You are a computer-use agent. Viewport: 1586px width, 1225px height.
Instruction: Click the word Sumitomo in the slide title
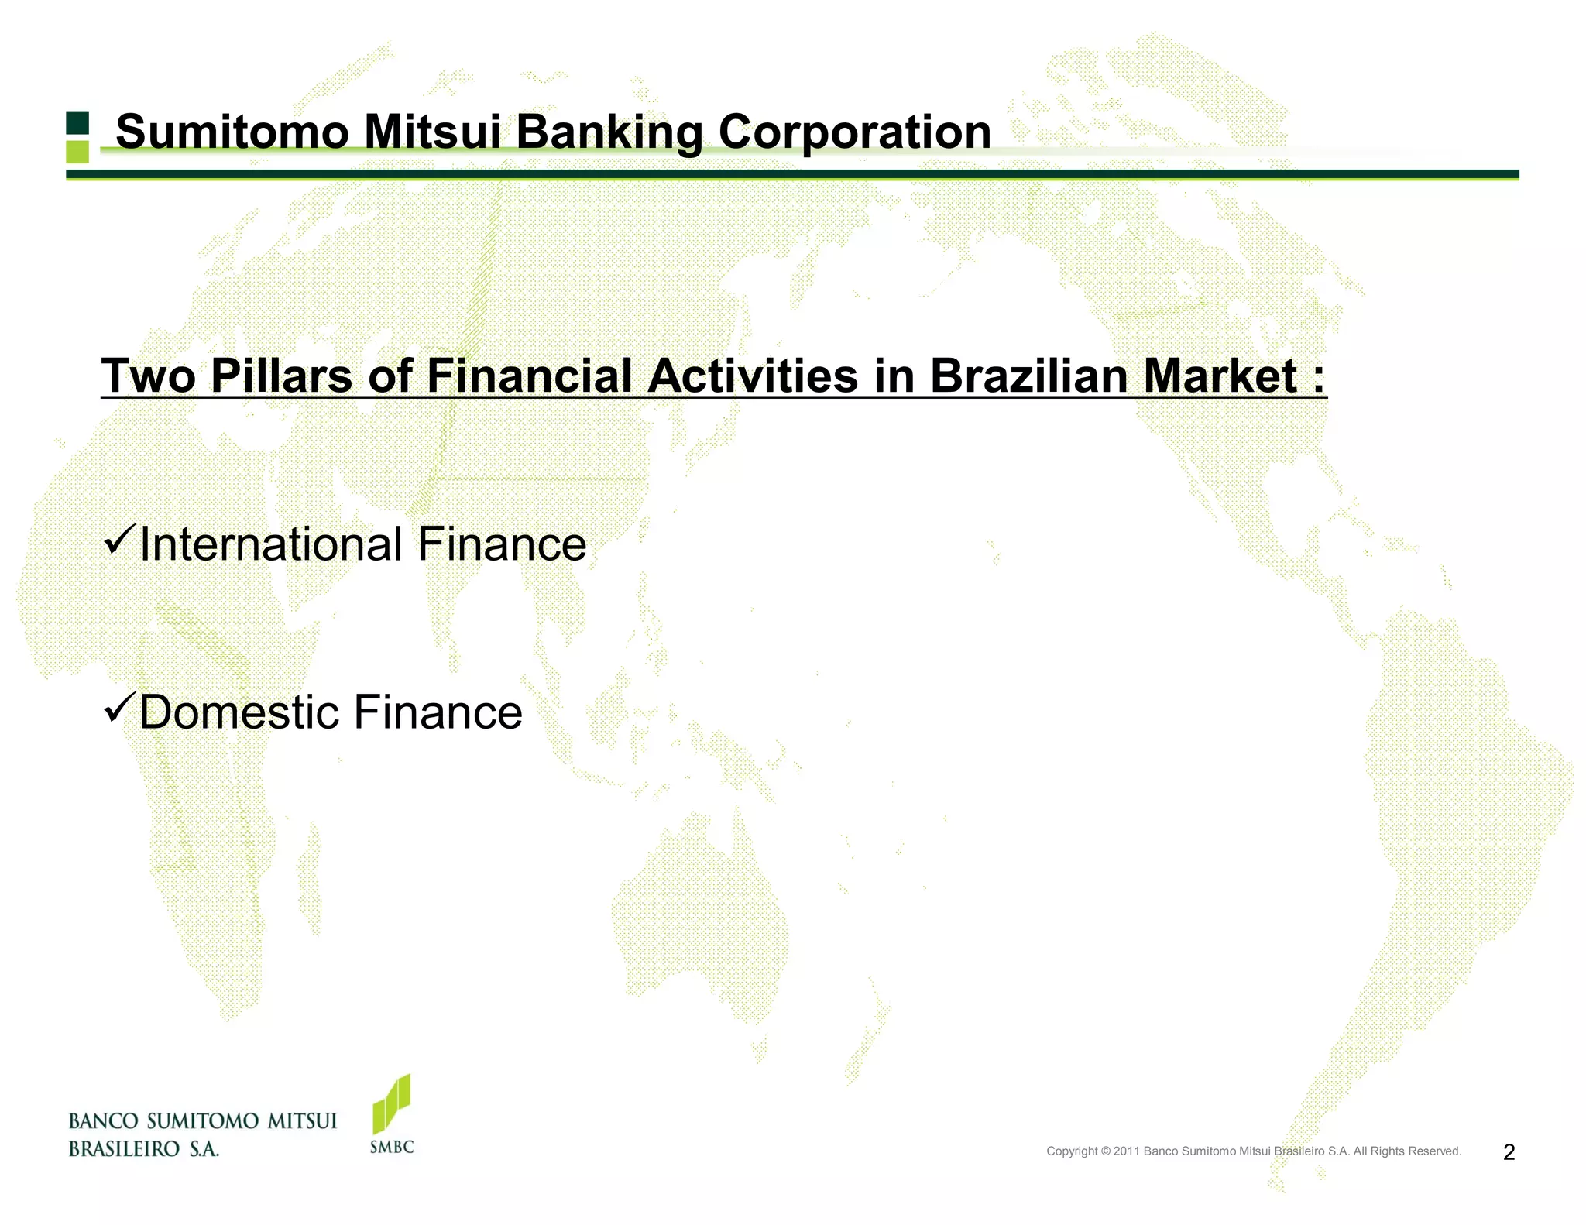coord(232,132)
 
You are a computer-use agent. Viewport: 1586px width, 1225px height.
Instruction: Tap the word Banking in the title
coord(609,132)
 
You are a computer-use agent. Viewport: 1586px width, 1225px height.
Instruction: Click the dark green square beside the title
coord(77,123)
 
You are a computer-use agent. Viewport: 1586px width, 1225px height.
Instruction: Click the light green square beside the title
coord(77,152)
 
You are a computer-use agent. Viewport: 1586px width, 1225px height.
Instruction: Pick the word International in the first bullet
coord(271,544)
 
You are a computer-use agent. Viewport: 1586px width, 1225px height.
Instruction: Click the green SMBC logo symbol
coord(392,1103)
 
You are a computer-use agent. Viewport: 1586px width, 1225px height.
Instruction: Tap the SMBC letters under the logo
coord(392,1147)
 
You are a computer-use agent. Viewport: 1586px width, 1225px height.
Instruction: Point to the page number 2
coord(1509,1152)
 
